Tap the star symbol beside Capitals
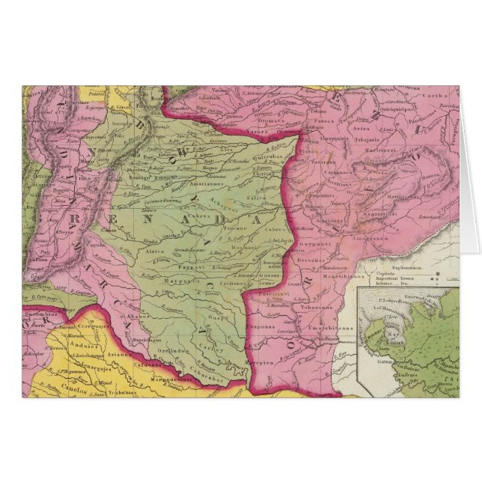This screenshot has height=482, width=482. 451,273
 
